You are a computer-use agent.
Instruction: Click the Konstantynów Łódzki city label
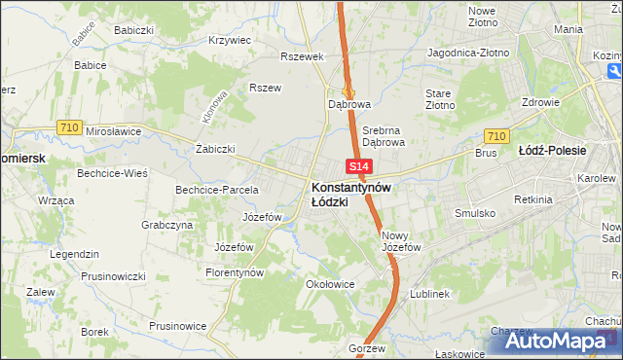351,194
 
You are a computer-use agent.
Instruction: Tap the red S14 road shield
357,168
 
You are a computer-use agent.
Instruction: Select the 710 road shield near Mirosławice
68,126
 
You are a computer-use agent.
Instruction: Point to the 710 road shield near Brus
495,136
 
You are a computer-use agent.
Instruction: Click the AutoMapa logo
561,340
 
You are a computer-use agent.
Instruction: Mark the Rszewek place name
301,56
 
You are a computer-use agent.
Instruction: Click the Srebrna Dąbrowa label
383,135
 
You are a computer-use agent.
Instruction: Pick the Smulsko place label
475,212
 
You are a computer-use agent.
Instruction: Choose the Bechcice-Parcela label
216,190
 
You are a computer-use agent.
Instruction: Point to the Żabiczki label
215,149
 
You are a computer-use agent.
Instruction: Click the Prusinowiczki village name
113,273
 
